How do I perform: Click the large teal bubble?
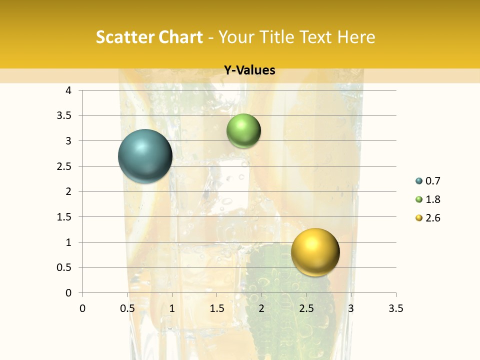click(x=145, y=156)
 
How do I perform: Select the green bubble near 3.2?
click(x=243, y=131)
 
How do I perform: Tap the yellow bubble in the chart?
click(x=315, y=252)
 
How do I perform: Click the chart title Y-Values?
click(x=249, y=70)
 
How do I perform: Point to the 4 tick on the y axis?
click(x=68, y=90)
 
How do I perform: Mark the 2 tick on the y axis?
click(x=68, y=191)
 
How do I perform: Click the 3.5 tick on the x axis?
click(x=395, y=308)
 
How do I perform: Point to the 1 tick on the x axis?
click(x=172, y=308)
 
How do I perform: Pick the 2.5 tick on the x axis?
click(x=306, y=308)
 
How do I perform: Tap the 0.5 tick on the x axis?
click(x=127, y=308)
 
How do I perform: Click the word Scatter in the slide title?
click(x=123, y=37)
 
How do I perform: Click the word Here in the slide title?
click(x=356, y=37)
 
